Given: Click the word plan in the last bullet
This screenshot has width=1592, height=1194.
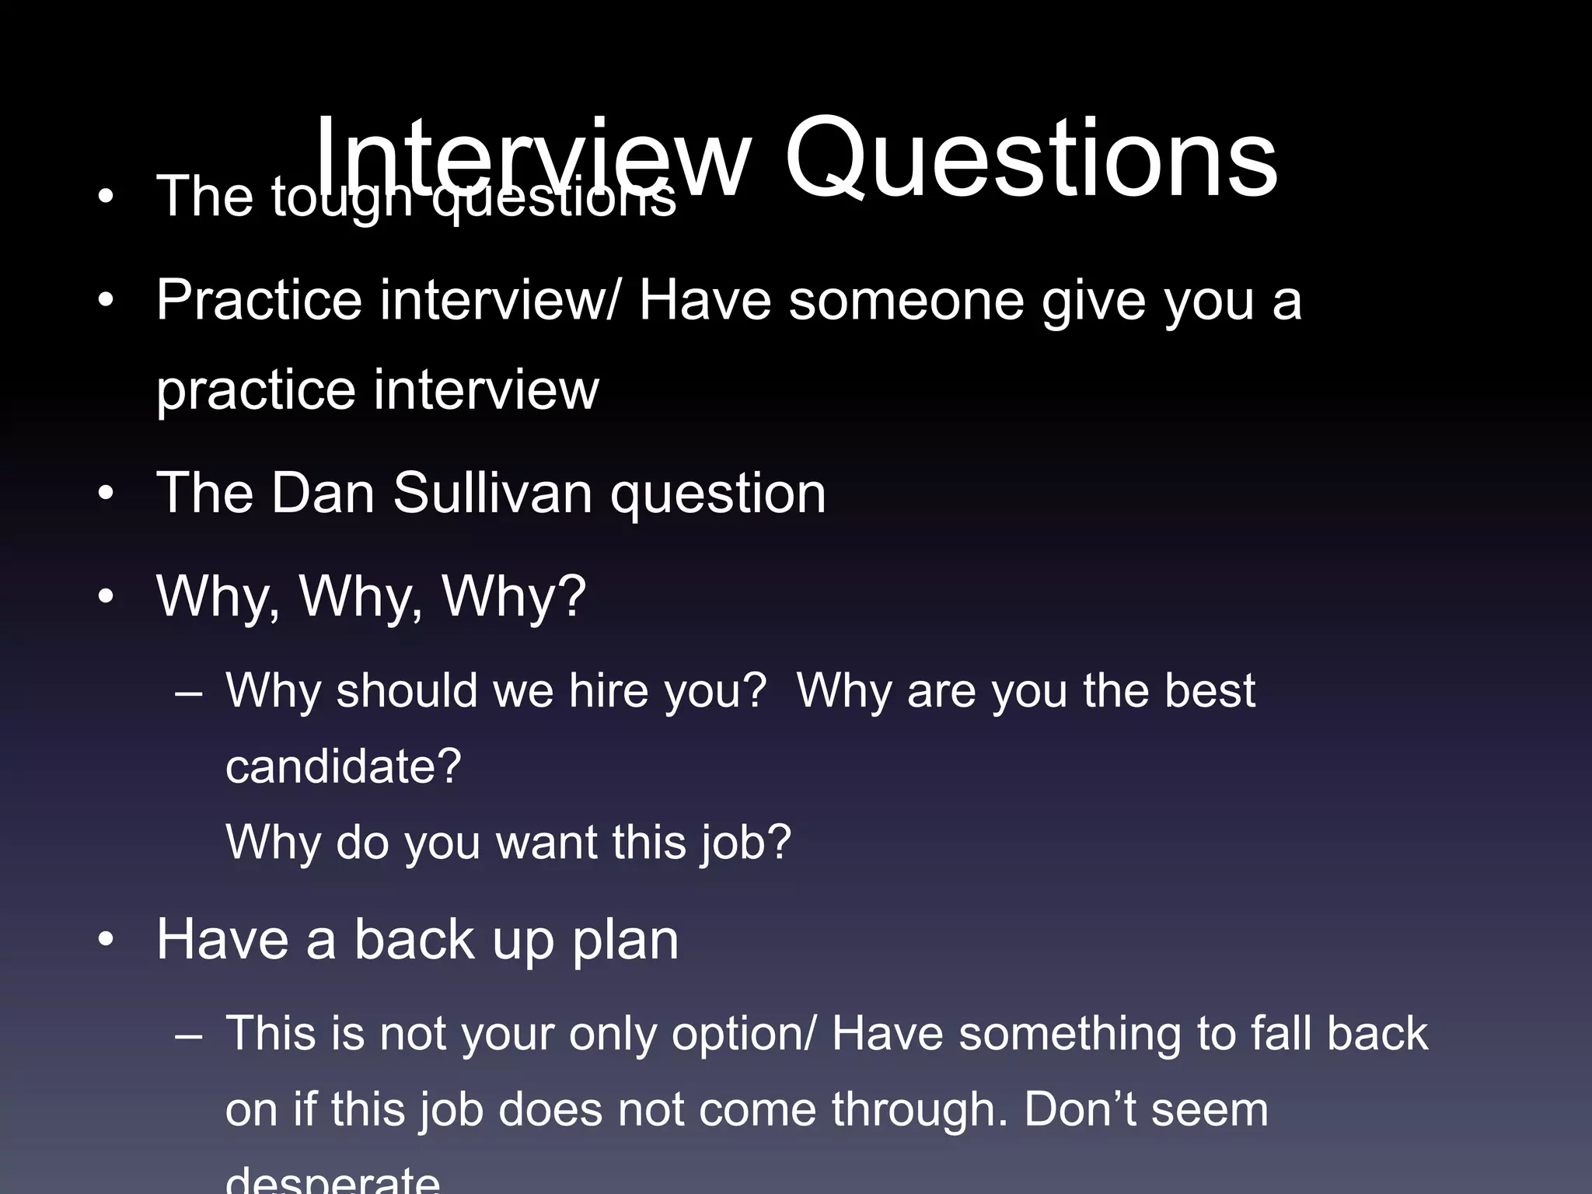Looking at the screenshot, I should coord(625,940).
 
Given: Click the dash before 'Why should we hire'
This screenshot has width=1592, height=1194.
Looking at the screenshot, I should coord(189,692).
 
